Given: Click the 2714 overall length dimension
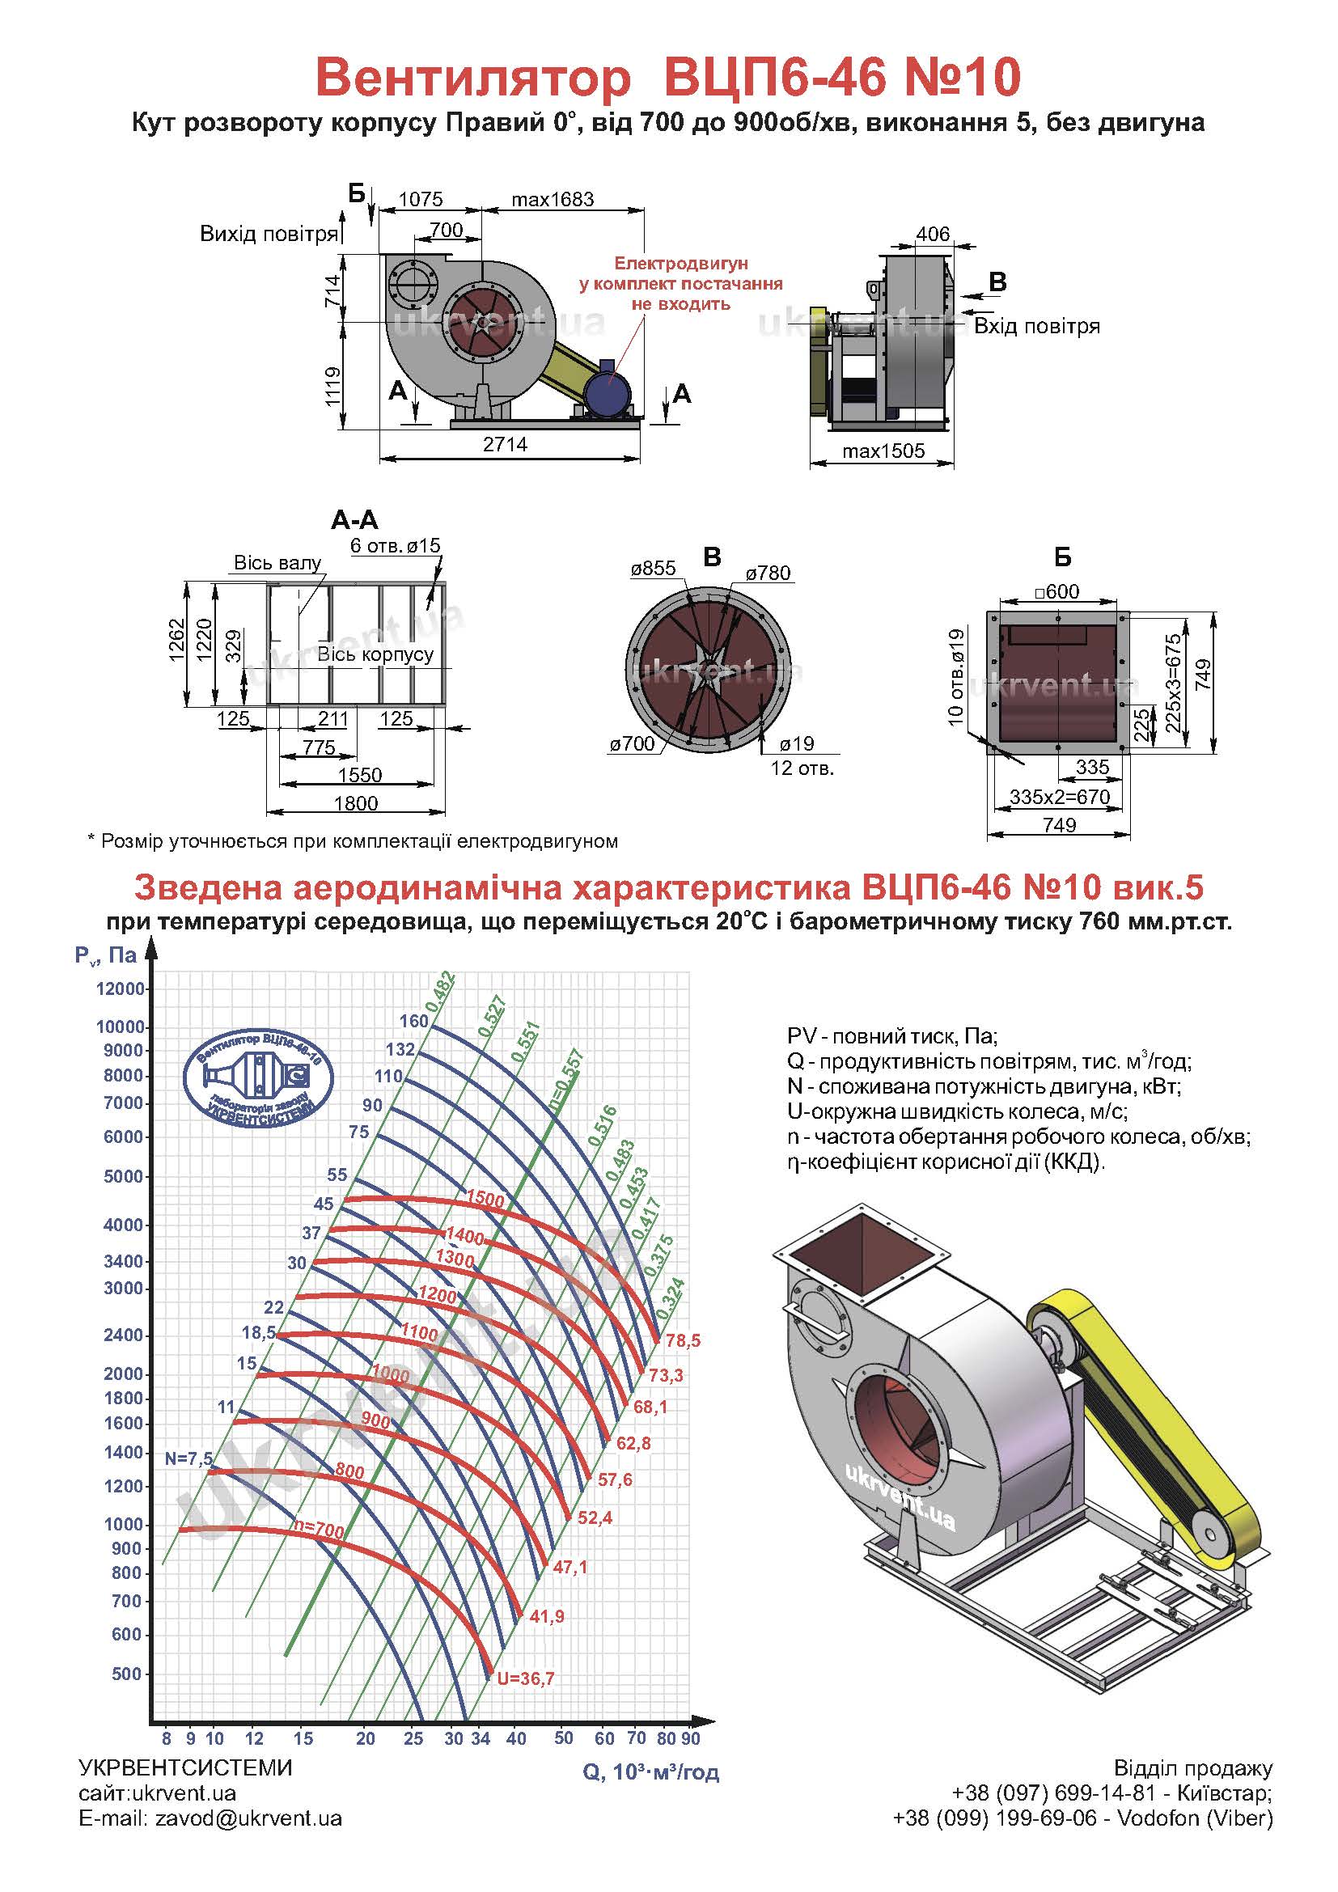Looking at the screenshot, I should point(505,444).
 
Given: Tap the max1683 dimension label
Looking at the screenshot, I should point(552,200).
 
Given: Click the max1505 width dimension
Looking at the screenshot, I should point(883,451).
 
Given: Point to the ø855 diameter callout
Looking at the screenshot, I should point(654,568).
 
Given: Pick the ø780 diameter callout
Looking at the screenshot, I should point(768,573).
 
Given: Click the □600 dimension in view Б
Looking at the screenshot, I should point(1057,590).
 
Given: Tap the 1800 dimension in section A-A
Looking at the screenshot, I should point(356,803).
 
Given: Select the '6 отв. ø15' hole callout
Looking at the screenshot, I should point(396,545).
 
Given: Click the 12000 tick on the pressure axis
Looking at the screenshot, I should point(121,988).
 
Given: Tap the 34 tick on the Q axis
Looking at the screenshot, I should point(481,1739).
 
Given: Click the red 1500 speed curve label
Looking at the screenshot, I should point(485,1199).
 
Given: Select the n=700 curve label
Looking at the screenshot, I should point(320,1530).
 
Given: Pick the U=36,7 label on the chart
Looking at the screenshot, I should point(525,1678).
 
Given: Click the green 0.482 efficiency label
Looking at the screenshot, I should point(441,993).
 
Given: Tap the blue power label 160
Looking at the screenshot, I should point(414,1021).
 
